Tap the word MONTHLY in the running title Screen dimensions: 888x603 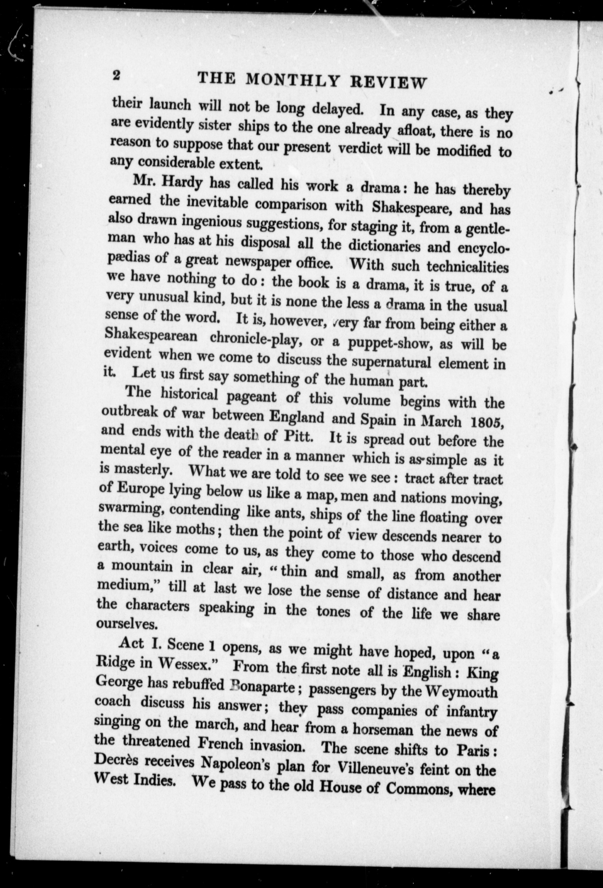292,80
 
